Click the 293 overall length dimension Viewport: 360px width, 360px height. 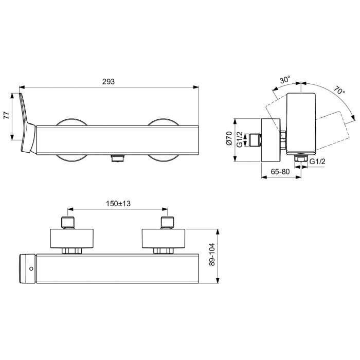pyautogui.click(x=108, y=82)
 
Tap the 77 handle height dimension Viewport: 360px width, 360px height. pyautogui.click(x=7, y=116)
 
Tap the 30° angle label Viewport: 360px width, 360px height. pyautogui.click(x=285, y=81)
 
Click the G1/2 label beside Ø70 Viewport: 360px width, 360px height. pyautogui.click(x=240, y=140)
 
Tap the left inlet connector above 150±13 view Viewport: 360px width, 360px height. pyautogui.click(x=69, y=222)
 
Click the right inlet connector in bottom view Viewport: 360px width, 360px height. pyautogui.click(x=167, y=222)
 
